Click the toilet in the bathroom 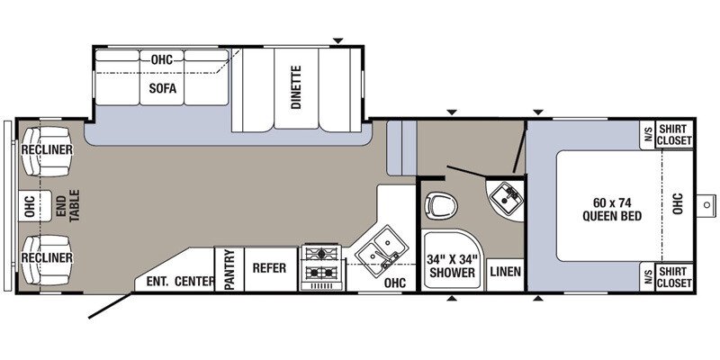coord(441,206)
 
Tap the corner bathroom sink coord(505,198)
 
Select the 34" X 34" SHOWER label coord(452,265)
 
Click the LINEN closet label coord(505,272)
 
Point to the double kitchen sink coord(382,251)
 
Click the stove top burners coord(321,266)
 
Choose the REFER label coord(269,268)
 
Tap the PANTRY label coord(229,269)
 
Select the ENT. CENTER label coord(181,281)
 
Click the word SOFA coord(163,88)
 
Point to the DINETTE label coord(296,87)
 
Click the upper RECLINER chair coord(47,151)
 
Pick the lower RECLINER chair coord(47,259)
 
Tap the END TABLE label coord(69,205)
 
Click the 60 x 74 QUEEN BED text coord(612,209)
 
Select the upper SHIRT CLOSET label coord(674,135)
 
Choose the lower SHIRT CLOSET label coord(674,277)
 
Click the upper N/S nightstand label coord(648,134)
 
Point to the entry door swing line coord(111,306)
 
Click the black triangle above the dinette coord(338,40)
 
